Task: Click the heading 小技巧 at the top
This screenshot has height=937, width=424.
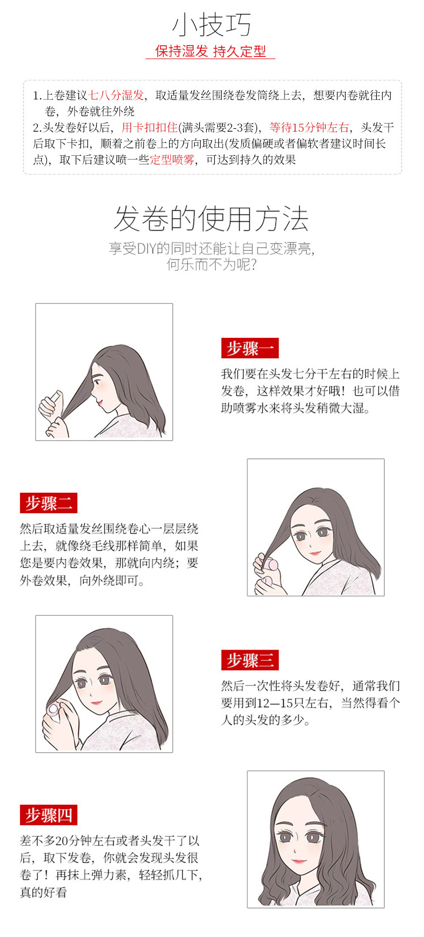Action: click(211, 24)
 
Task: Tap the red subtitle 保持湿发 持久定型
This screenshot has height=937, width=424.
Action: click(210, 52)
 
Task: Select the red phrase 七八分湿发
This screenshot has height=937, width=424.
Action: click(116, 95)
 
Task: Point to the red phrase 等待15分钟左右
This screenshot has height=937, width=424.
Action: click(309, 127)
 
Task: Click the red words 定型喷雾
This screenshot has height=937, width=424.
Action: click(172, 160)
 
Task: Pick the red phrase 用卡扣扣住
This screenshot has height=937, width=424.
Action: click(149, 127)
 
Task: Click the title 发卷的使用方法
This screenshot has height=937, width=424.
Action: click(211, 219)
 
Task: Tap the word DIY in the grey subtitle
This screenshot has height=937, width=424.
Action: click(146, 249)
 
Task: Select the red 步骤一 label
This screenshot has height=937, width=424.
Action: click(250, 348)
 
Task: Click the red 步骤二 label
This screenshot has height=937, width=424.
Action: click(48, 503)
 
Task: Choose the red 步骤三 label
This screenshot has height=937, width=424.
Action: click(250, 660)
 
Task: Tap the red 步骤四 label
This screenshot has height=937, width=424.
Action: click(48, 815)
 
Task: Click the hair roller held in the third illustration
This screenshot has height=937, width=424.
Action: click(54, 709)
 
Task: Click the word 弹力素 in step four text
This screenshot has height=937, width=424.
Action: click(109, 875)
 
